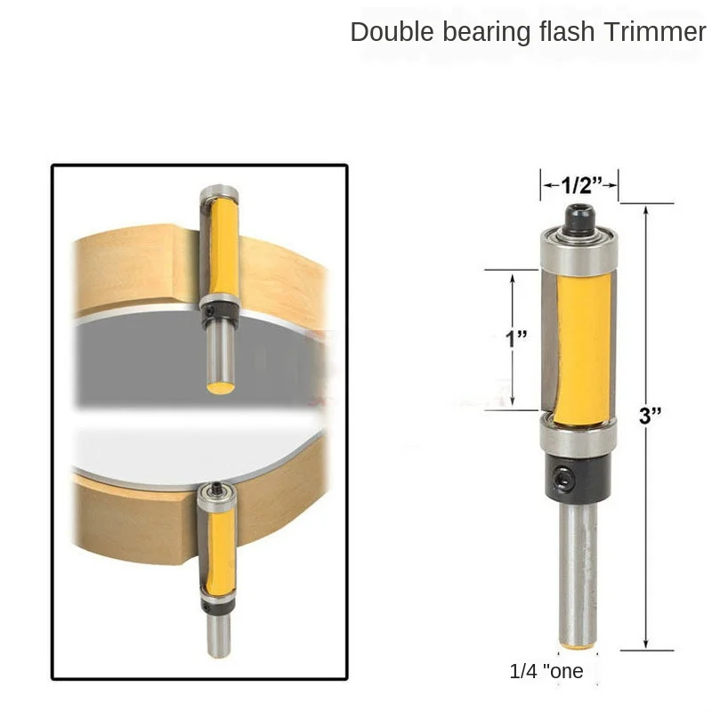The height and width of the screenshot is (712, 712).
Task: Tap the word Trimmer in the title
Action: [652, 32]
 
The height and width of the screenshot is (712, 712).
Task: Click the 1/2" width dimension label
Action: [579, 185]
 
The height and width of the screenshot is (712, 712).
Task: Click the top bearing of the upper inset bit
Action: [218, 193]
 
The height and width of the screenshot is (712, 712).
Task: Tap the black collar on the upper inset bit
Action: [218, 310]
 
